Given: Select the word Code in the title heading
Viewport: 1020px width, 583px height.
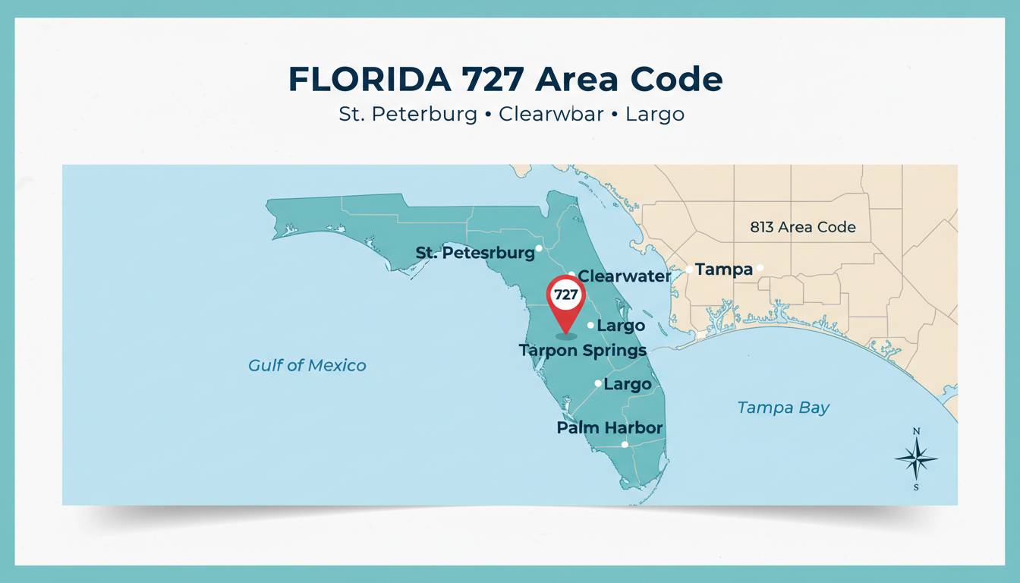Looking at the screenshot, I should [678, 80].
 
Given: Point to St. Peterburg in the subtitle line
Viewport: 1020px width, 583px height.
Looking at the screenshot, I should [408, 115].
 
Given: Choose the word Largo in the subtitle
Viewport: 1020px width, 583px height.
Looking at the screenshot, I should [654, 115].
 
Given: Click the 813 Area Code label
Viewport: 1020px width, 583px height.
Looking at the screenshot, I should [802, 227].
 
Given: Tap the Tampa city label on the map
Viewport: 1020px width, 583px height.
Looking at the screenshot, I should [723, 269].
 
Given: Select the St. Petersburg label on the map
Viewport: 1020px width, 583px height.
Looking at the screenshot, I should [475, 253].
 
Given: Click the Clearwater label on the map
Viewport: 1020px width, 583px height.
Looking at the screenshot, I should [625, 276].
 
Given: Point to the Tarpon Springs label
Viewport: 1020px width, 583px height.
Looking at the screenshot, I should [583, 350].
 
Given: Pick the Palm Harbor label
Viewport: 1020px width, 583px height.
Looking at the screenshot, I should [609, 427].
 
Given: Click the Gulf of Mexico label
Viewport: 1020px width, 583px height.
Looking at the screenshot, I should [307, 366].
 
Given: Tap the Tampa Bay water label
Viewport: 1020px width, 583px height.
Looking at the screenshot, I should [783, 408].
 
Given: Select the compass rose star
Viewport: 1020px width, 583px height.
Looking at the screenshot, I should [916, 459].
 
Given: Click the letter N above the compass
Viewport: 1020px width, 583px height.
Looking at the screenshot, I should [916, 432].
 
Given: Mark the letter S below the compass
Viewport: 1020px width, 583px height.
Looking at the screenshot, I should [916, 487].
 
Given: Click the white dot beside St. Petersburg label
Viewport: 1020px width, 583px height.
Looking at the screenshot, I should [539, 247].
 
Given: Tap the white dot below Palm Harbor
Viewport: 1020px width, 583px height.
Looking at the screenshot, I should [624, 445].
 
